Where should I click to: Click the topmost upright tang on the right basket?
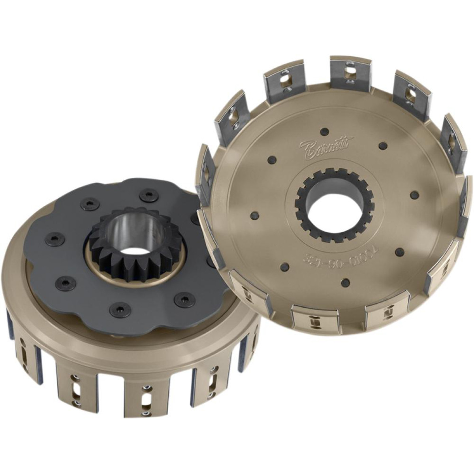click(350, 75)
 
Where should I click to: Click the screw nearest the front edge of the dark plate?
click(118, 310)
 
